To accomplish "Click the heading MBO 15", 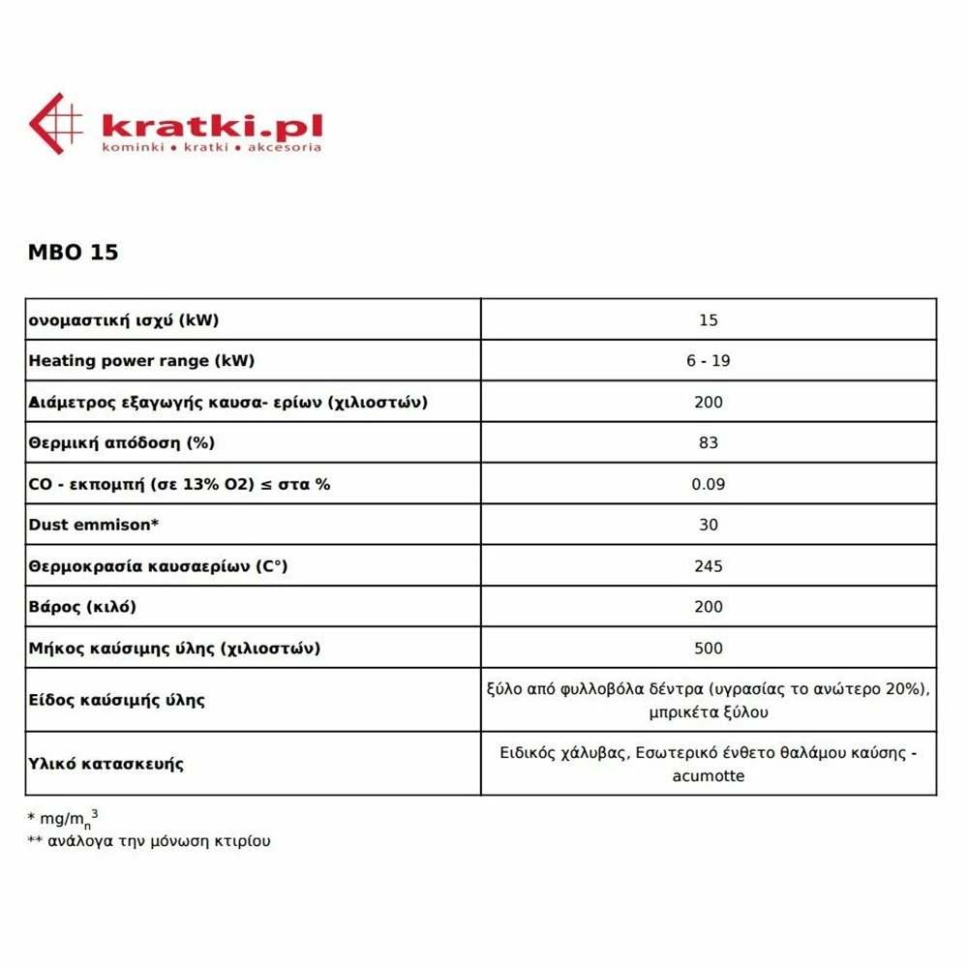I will pos(74,252).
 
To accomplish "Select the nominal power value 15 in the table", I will pos(708,320).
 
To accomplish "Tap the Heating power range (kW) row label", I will pos(141,361).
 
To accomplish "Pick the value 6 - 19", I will pos(708,361).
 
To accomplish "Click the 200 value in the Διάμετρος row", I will pos(708,402).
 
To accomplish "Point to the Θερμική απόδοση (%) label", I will pos(121,442).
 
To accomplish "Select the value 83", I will pos(708,442).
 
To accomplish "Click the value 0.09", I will pos(708,484).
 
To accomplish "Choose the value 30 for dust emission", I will pos(708,525).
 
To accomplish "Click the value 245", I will pos(708,565).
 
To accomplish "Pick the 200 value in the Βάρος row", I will pos(708,607).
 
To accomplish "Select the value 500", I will pos(708,648).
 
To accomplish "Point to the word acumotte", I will pos(708,775).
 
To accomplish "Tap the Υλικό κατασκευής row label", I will pos(106,764).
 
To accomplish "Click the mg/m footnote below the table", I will pos(64,819).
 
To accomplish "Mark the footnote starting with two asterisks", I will pos(150,841).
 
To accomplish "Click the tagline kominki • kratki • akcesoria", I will pos(211,148).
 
